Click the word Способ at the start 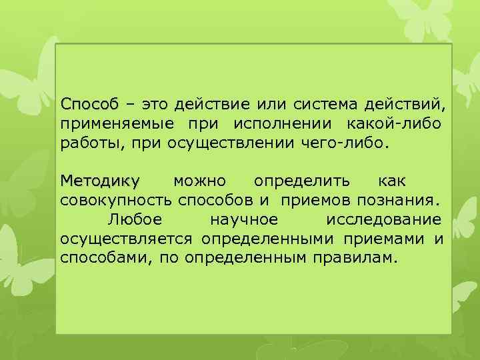(89, 105)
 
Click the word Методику (100, 181)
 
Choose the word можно (199, 181)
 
